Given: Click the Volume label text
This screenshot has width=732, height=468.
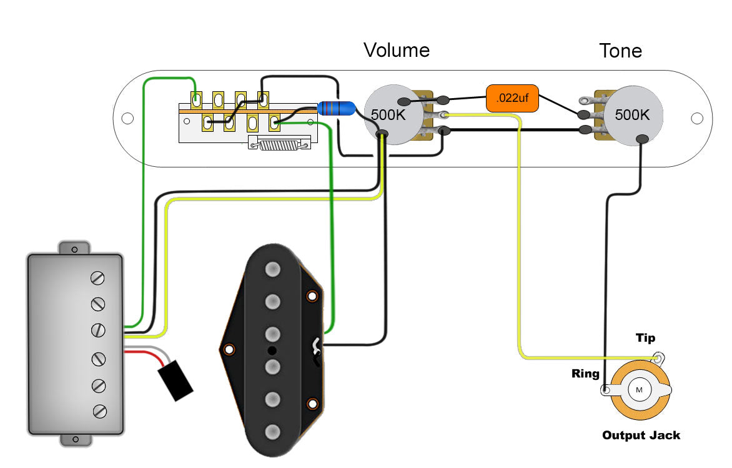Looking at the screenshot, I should [397, 50].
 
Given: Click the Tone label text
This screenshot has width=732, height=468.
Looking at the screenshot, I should [620, 51].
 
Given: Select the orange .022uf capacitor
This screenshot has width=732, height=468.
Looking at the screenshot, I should [512, 99].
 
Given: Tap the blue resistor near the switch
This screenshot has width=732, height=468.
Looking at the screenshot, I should [336, 109].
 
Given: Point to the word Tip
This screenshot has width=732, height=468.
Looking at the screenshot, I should [645, 338].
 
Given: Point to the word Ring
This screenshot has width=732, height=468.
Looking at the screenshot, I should [585, 374].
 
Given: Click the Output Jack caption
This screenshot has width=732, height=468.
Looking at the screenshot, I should [641, 435].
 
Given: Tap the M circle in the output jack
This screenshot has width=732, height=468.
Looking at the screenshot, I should [639, 390].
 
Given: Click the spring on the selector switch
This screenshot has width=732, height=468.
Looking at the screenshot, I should [279, 145].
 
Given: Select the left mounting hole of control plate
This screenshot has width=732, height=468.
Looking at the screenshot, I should [127, 118].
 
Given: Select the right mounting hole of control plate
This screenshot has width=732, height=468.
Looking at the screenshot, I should [698, 118].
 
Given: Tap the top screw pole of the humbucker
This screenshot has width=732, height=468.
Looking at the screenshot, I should [98, 277].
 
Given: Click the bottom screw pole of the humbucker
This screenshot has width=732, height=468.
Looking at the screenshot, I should [98, 411].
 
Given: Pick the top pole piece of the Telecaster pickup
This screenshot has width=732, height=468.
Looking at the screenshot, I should [272, 269].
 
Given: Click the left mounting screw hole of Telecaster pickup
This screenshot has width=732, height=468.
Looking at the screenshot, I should [230, 349].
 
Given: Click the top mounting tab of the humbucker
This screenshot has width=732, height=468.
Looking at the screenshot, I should [75, 248].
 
